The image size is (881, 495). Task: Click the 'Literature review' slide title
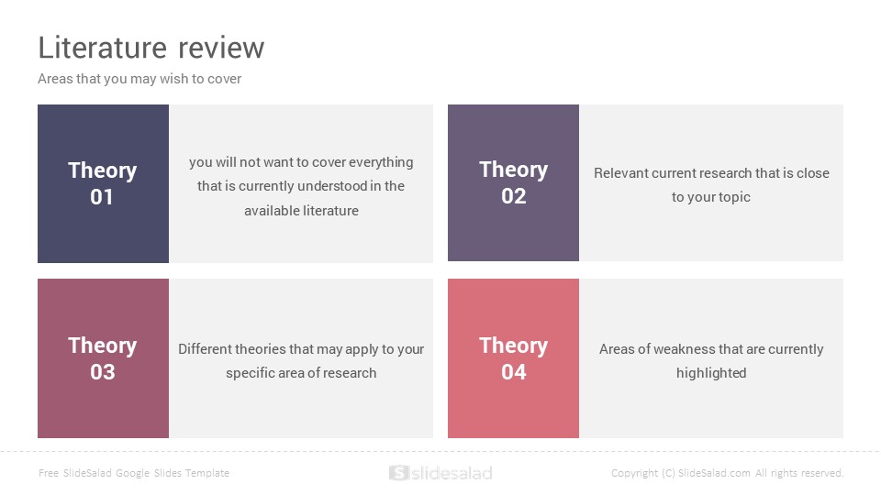[151, 48]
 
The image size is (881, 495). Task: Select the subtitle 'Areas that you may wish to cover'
[139, 79]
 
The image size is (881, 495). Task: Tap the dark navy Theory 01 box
[103, 183]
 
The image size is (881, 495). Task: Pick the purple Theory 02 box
[513, 182]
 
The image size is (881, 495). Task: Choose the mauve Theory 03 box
[103, 358]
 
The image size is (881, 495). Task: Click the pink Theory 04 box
[513, 358]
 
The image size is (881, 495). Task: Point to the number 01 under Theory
[102, 197]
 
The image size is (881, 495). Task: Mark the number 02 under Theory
[514, 196]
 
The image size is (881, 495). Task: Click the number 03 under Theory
[102, 371]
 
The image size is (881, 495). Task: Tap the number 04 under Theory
[514, 371]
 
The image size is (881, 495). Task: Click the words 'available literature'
[301, 211]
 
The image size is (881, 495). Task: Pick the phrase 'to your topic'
[710, 198]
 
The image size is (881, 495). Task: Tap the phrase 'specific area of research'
[301, 374]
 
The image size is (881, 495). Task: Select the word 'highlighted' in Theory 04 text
[711, 373]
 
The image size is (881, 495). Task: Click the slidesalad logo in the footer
[440, 473]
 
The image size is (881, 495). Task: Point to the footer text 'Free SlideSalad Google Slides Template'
[134, 473]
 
